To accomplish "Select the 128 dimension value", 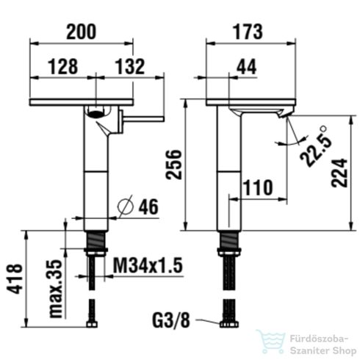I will coord(63,66).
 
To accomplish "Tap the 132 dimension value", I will coord(129,66).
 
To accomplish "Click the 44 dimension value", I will coord(247,66).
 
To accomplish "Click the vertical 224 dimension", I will coord(339,168).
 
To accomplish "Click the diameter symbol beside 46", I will coord(125,207).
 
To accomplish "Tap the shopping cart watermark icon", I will coord(270,342).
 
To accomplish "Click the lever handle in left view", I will coord(140,119).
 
